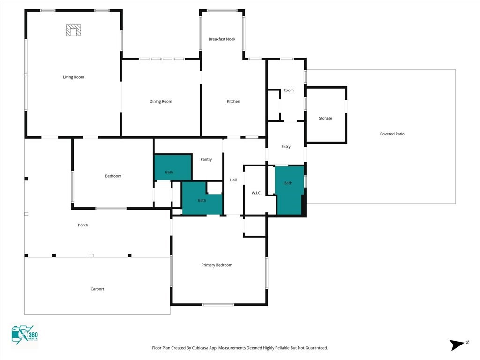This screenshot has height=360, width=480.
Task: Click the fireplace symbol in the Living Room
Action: [x=74, y=30]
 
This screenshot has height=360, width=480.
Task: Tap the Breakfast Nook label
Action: [x=222, y=39]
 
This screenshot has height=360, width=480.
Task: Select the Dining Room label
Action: [x=161, y=101]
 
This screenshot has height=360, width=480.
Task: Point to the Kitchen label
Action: [x=233, y=101]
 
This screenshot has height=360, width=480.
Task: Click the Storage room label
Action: [x=325, y=118]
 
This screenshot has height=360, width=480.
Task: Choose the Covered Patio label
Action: [x=392, y=134]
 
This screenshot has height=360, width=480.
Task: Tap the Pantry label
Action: [x=206, y=159]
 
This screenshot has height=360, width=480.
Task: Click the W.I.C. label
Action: [x=256, y=193]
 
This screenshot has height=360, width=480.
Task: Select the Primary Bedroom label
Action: [x=217, y=265]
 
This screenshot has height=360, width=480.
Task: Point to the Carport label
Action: [x=97, y=289]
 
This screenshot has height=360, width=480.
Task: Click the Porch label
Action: [x=83, y=225]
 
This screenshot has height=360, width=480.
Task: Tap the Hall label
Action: [x=233, y=180]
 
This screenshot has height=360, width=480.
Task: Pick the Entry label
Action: [x=286, y=147]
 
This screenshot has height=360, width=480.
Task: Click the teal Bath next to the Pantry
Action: [x=173, y=167]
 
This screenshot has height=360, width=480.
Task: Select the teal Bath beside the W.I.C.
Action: [x=290, y=190]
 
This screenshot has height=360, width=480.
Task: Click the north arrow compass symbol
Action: [x=458, y=345]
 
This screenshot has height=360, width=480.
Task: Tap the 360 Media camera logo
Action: [x=25, y=335]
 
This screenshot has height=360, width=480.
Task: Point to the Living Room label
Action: [x=74, y=77]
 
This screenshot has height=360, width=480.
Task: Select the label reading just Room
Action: [x=288, y=90]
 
